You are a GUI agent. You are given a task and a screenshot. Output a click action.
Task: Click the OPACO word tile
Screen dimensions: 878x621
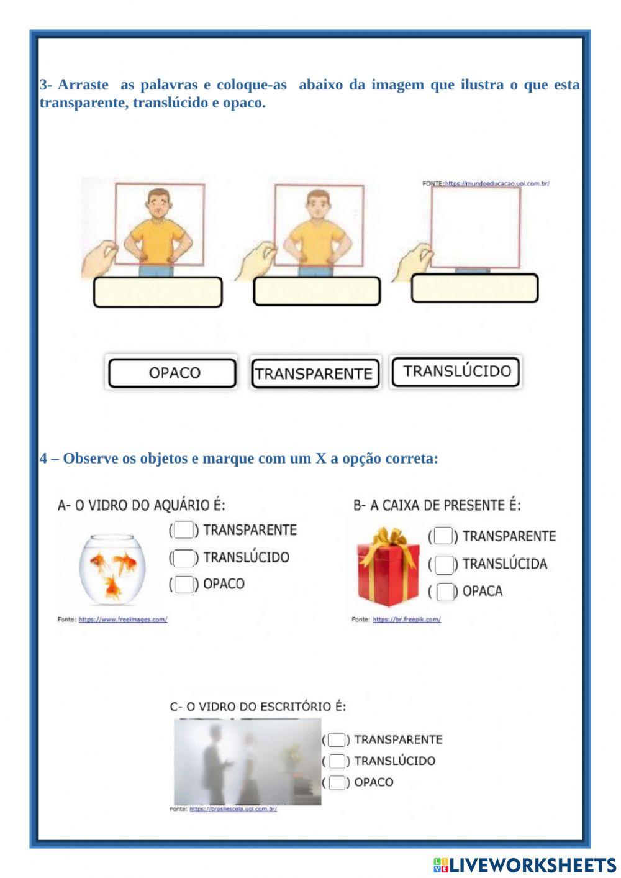click(172, 373)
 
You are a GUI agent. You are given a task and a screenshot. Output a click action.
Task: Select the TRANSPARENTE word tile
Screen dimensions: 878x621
click(314, 373)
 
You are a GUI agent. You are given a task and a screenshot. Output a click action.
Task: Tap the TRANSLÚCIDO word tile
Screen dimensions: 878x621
click(456, 372)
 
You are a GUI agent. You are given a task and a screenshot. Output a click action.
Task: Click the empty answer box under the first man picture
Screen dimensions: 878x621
click(158, 292)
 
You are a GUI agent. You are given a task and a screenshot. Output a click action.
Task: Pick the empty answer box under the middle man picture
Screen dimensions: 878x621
click(317, 291)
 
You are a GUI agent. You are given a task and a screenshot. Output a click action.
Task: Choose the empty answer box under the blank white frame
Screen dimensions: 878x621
click(474, 288)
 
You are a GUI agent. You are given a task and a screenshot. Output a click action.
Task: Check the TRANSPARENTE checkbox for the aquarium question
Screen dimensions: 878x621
click(183, 530)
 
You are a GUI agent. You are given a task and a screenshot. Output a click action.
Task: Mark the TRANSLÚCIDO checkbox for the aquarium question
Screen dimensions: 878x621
click(183, 557)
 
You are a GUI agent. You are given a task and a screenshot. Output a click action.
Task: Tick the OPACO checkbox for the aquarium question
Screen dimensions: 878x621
click(183, 584)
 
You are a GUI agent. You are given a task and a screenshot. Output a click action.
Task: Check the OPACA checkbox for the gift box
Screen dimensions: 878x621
click(445, 592)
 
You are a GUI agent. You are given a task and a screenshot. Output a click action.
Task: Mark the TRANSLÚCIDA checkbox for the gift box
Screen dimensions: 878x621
click(444, 564)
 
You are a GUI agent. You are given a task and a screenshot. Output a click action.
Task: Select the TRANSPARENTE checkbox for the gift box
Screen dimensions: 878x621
click(443, 536)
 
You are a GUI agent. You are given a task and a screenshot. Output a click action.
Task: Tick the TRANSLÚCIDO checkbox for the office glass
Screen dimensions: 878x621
click(337, 761)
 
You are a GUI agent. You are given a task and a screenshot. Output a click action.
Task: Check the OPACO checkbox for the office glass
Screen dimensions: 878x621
click(337, 782)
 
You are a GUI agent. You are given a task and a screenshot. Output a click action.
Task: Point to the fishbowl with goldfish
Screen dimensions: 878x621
click(112, 569)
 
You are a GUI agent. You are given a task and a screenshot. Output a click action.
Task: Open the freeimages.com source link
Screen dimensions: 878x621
click(122, 620)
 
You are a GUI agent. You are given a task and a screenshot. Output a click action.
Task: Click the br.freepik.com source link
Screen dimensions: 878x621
click(406, 620)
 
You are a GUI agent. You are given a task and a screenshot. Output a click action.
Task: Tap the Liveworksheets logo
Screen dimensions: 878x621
click(524, 864)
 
